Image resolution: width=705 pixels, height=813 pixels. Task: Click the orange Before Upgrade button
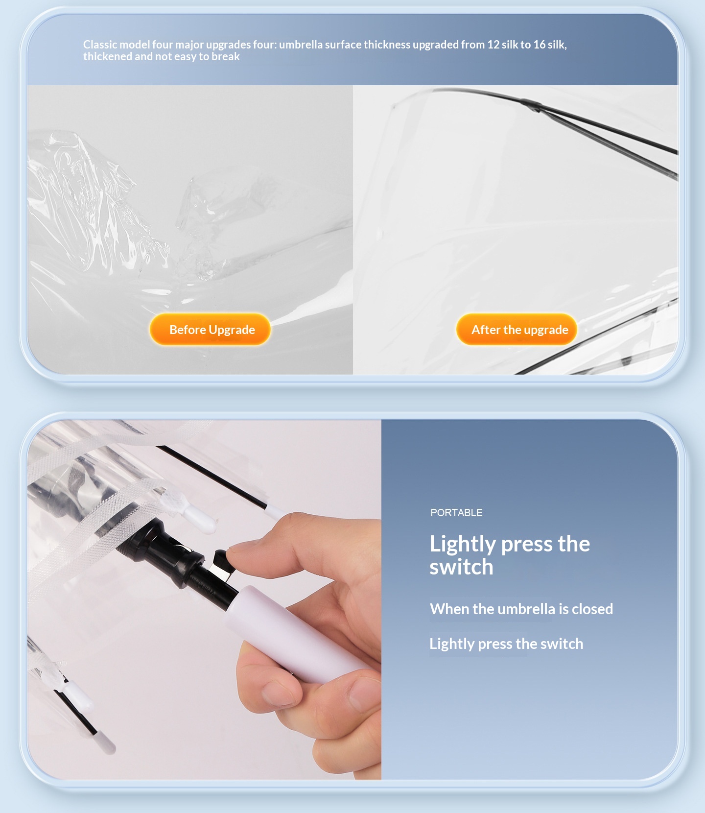point(210,330)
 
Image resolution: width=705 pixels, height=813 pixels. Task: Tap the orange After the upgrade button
point(517,330)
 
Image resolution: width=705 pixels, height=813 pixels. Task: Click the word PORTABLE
point(456,513)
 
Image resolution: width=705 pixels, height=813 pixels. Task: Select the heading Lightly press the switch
point(510,555)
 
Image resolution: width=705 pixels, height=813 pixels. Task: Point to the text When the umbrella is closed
point(521,609)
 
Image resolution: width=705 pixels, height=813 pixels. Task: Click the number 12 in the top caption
point(493,45)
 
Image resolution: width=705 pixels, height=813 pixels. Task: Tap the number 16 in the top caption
point(540,45)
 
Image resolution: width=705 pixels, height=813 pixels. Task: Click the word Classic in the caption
point(100,45)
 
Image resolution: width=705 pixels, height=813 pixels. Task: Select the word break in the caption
point(226,56)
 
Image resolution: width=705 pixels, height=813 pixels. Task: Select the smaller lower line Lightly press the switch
point(506,644)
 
